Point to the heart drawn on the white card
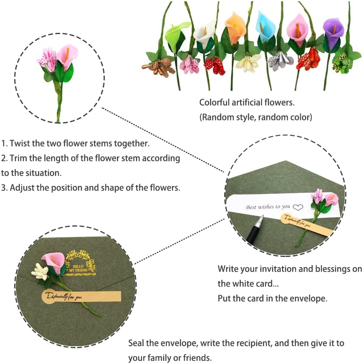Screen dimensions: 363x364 (298, 207)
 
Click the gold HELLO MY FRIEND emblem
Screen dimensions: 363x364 (79, 263)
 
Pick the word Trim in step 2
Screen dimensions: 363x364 (18, 158)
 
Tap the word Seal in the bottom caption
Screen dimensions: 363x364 (136, 343)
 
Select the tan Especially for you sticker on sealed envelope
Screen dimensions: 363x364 (81, 297)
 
